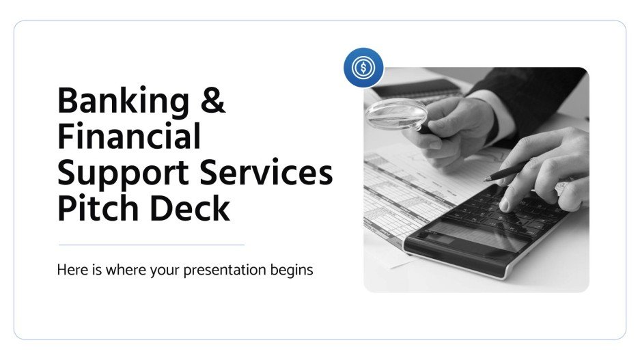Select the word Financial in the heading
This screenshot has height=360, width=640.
128,137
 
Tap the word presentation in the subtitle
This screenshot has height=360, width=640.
228,270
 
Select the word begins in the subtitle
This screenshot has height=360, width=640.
292,270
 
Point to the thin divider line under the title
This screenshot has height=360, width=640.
151,245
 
